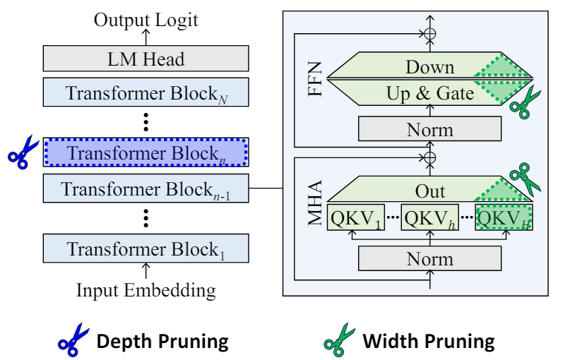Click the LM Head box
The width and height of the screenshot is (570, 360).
tap(146, 59)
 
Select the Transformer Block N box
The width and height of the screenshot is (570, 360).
tap(146, 92)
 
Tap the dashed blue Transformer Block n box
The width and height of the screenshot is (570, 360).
tap(146, 152)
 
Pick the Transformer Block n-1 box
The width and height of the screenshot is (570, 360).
tap(146, 189)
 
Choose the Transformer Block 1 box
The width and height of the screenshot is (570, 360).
tap(146, 249)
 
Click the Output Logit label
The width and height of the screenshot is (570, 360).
tap(146, 19)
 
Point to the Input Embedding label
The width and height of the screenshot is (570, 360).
tap(146, 289)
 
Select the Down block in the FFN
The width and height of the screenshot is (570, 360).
tap(429, 68)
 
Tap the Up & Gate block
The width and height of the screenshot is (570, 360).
tap(429, 92)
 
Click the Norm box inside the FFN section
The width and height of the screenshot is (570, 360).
tap(429, 129)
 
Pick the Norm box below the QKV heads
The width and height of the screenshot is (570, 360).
tap(429, 259)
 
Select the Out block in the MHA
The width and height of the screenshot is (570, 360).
tap(429, 191)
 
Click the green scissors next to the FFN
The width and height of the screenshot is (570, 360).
tap(525, 102)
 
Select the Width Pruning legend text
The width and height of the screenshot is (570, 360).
tap(428, 342)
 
